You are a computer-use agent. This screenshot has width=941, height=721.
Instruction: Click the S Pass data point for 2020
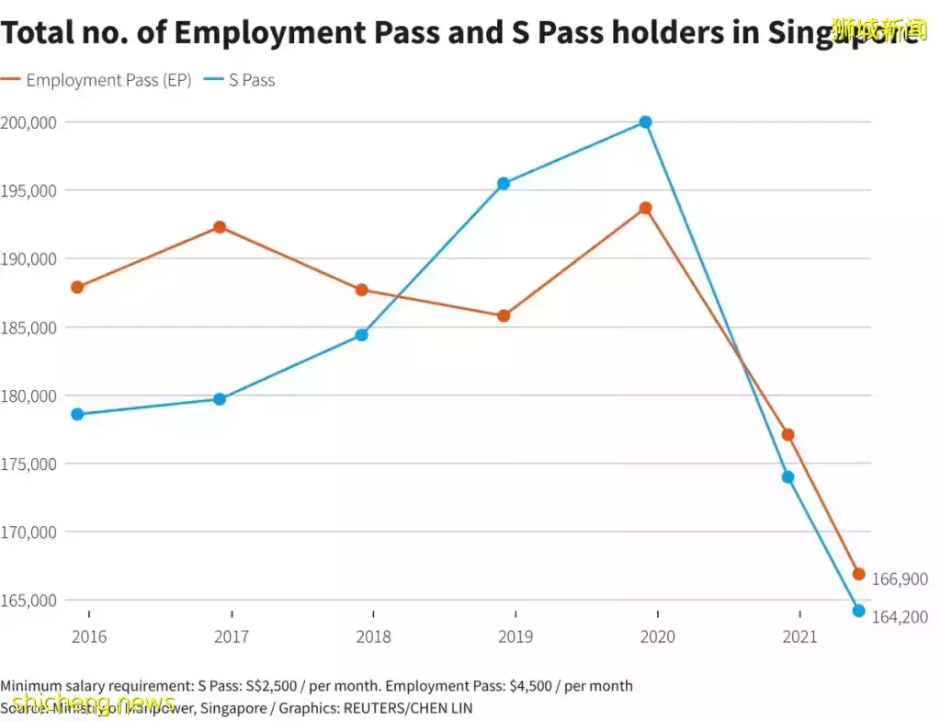[645, 121]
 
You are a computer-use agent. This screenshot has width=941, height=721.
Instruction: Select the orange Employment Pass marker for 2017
[220, 227]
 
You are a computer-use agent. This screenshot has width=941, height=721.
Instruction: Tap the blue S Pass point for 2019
[504, 183]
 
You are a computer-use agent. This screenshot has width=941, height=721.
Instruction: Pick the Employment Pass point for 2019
[504, 315]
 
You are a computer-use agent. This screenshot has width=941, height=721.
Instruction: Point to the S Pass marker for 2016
[77, 414]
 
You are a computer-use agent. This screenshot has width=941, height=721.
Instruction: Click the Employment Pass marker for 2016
[77, 287]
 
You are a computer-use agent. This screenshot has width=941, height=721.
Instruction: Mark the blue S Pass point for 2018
[361, 335]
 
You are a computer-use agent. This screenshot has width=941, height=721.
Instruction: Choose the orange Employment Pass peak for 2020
[645, 208]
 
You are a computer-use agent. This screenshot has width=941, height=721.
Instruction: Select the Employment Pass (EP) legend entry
[108, 80]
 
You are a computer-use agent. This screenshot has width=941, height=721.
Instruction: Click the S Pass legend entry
[252, 80]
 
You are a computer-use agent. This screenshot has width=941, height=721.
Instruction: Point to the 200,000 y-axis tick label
[28, 122]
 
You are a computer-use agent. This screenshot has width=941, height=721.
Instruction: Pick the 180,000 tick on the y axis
[28, 395]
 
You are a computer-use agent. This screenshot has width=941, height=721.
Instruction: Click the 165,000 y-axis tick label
[28, 601]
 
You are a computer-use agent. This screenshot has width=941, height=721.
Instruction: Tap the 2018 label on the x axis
[373, 636]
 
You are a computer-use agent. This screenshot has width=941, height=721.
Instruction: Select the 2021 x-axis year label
[799, 636]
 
